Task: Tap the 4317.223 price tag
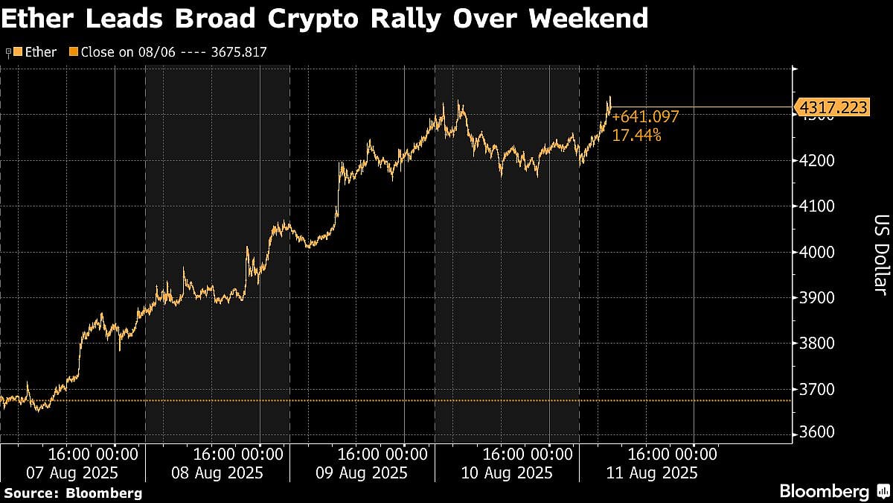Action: click(x=832, y=108)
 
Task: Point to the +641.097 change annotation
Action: click(x=645, y=118)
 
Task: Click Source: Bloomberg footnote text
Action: click(x=73, y=493)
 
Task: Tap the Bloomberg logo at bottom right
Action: click(x=833, y=491)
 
